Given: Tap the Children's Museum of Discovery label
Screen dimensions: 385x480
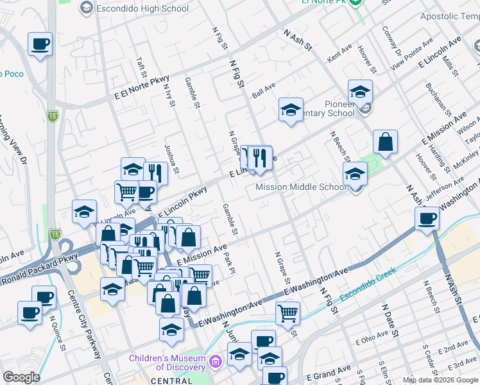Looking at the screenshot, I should coord(167,363).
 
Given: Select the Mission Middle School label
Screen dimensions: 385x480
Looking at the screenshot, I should coord(301,187).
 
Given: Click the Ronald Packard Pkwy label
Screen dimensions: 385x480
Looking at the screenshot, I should coord(39,270).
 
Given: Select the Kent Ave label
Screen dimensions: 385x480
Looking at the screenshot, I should coord(339,53).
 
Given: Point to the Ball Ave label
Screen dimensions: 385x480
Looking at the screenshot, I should coord(263,90).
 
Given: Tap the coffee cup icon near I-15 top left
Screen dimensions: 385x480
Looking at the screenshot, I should coord(40,44).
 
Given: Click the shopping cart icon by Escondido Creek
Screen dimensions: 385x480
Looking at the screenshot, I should coord(287,313).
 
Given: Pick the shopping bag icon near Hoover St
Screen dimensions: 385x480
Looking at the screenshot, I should coord(385,142).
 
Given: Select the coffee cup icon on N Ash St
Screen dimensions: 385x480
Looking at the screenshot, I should coord(427,218).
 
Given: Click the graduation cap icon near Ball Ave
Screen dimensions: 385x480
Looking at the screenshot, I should coord(291,108).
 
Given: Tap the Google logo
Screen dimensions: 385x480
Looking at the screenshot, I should coord(21,377).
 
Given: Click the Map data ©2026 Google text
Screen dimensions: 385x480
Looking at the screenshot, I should coord(440,380).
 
